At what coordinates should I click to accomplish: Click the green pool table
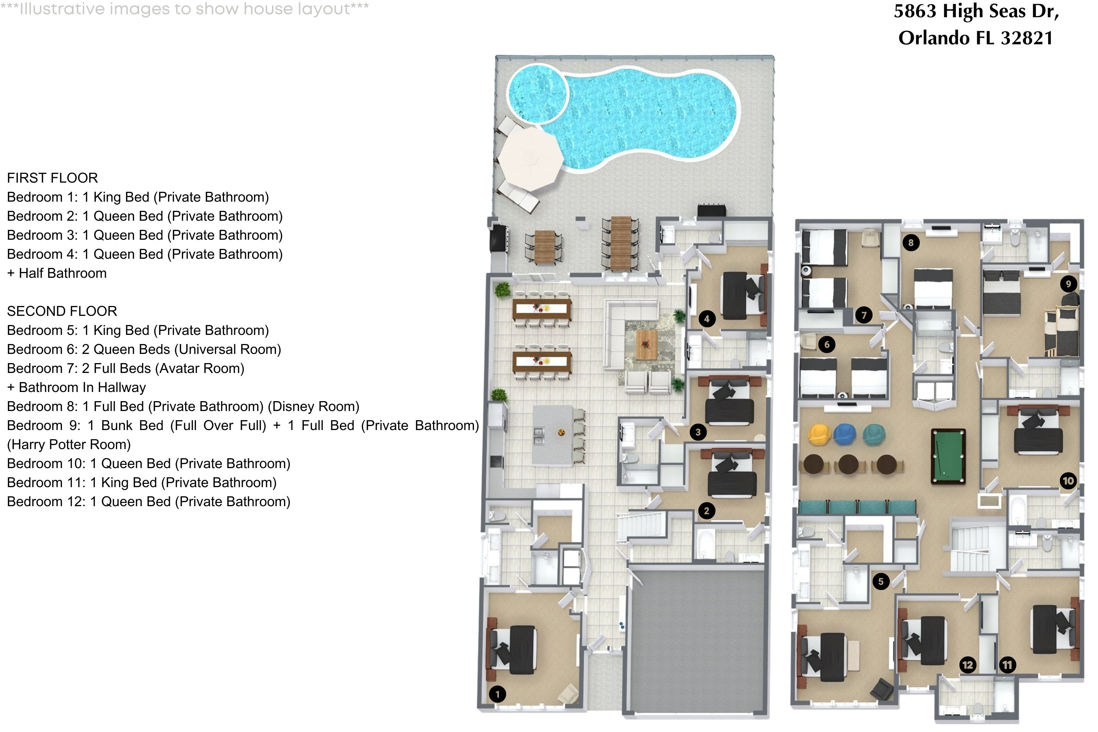point(948,456)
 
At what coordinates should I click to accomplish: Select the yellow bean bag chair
point(818,434)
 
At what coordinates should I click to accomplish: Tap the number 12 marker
point(968,665)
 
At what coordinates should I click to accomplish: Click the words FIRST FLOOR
point(52,178)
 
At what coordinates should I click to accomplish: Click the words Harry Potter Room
point(69,444)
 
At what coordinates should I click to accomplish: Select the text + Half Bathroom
point(57,273)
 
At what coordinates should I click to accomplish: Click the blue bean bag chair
point(844,434)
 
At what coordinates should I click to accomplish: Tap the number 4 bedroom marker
point(707,319)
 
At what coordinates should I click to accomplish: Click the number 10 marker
point(1068,481)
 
